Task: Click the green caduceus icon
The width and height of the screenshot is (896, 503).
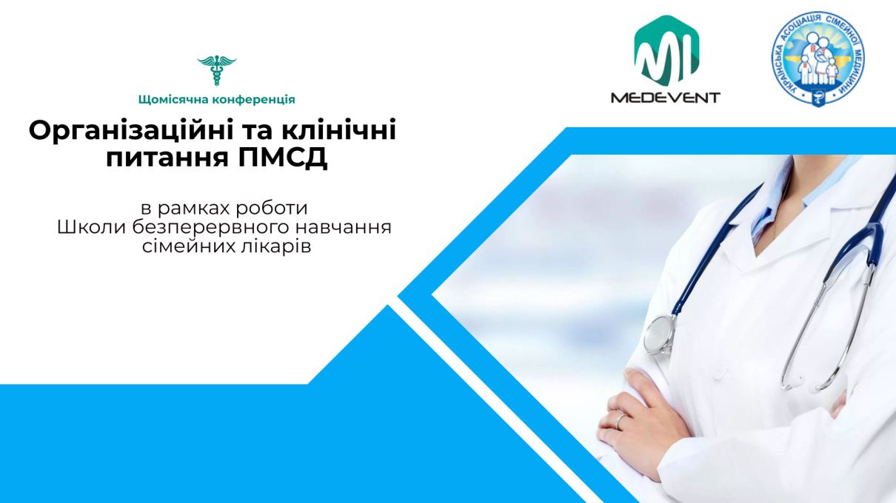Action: tap(216, 71)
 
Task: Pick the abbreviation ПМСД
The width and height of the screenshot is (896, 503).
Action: tap(283, 158)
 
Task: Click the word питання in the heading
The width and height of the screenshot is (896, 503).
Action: tap(167, 158)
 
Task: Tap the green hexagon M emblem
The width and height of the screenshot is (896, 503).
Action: tap(666, 51)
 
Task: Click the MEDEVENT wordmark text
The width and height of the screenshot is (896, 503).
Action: tap(665, 98)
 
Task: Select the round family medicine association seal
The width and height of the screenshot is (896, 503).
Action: tap(818, 58)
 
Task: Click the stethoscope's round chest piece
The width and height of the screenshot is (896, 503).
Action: tap(660, 335)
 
